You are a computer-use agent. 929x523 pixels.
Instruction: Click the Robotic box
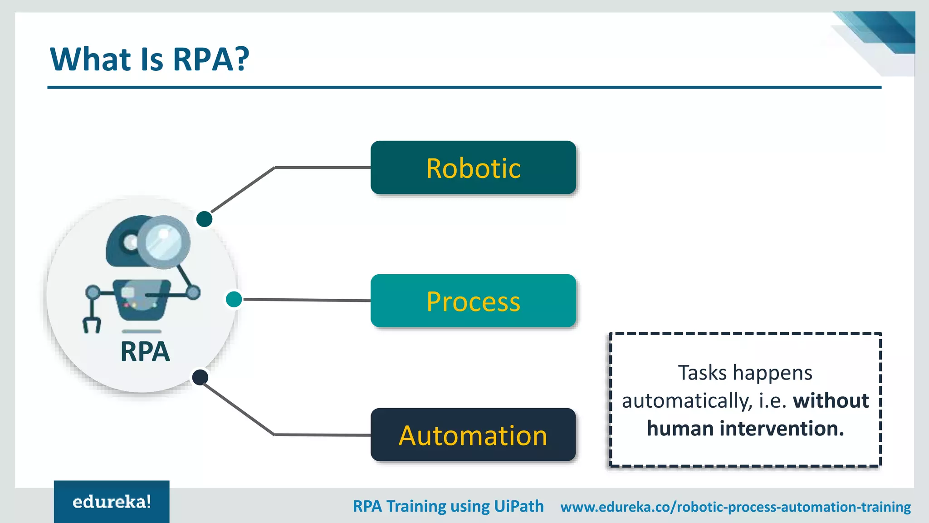473,168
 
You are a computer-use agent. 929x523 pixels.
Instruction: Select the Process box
473,301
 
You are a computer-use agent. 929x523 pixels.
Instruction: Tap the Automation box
473,435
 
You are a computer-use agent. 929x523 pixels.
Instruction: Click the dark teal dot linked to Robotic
204,219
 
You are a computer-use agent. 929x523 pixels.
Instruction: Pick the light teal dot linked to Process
234,299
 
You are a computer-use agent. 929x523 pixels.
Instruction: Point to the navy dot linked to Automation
200,377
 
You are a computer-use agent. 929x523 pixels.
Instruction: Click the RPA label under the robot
145,352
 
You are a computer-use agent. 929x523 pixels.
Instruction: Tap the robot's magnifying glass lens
163,242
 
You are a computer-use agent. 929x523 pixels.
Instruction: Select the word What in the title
90,59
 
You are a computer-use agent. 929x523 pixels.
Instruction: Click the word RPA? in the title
211,59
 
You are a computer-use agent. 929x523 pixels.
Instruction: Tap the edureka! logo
112,502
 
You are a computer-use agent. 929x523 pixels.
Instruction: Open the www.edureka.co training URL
735,507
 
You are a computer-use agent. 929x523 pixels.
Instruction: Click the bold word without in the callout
831,401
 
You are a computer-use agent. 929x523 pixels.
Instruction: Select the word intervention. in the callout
782,429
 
